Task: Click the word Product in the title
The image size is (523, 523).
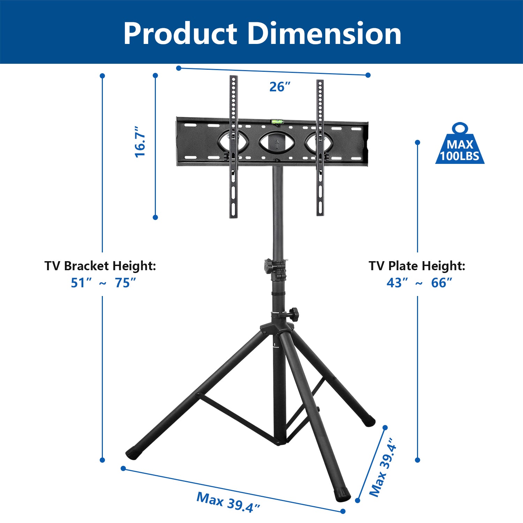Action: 180,34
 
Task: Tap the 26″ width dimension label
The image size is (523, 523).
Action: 280,87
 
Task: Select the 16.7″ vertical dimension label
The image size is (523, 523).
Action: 140,142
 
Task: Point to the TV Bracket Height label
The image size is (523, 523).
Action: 100,266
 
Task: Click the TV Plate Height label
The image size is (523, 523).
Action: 417,266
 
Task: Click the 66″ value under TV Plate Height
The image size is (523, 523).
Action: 441,283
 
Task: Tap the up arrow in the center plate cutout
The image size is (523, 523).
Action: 277,144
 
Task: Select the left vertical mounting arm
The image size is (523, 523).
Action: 233,146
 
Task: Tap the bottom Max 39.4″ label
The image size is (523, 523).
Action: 228,502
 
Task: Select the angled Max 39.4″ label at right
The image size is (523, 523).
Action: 383,467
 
